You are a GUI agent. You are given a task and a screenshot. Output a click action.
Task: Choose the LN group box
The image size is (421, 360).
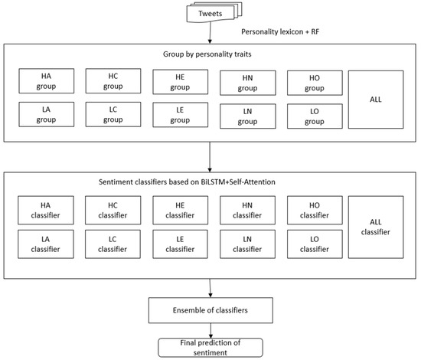pos(246,116)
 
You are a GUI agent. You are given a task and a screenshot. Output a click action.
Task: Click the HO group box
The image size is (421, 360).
pos(314,82)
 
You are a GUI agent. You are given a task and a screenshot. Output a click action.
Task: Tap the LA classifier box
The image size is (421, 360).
pos(47,245)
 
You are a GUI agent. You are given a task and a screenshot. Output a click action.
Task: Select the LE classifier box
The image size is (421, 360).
pos(179,245)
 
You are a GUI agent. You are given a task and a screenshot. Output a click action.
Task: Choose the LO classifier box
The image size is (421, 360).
pos(314,245)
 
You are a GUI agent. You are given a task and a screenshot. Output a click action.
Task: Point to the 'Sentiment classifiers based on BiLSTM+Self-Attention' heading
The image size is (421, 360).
pos(210,183)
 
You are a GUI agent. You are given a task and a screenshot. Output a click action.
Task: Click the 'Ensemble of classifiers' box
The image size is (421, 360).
pos(210,309)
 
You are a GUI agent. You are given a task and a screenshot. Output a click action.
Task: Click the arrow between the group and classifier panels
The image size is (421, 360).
pos(210,156)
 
